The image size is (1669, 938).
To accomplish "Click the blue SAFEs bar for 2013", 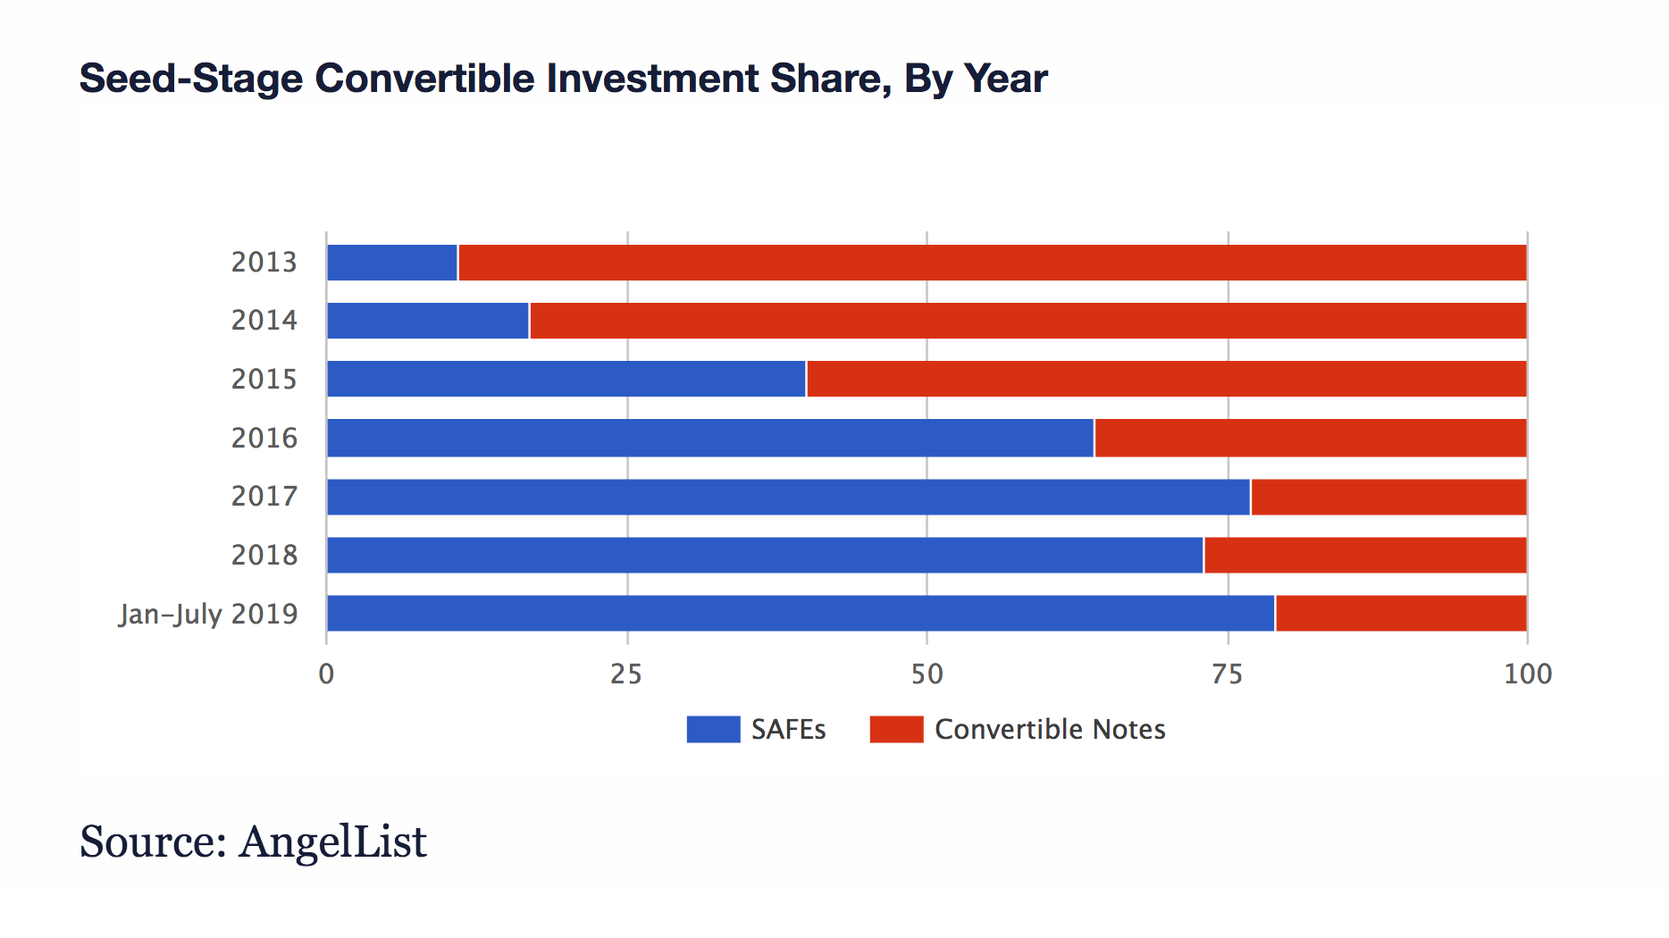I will (x=392, y=263).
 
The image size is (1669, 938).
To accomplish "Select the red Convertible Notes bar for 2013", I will (x=992, y=263).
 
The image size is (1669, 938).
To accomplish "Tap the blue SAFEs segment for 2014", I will (x=428, y=321).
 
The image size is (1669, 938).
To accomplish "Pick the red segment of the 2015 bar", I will (x=1166, y=379).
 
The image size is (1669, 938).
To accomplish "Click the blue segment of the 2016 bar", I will (x=710, y=438).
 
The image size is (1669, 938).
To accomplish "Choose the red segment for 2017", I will (x=1388, y=497).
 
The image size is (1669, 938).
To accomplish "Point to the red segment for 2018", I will (x=1365, y=555).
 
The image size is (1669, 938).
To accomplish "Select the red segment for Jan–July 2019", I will (x=1401, y=614).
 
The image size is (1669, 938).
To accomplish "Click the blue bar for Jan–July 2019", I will (x=801, y=614).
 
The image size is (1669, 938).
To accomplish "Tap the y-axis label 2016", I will (x=264, y=438).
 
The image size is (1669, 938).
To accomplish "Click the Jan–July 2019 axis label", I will (x=208, y=614).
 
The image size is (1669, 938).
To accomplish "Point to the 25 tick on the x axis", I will (x=626, y=674).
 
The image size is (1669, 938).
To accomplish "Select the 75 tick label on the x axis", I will (x=1227, y=674).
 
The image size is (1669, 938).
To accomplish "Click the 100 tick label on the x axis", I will (x=1527, y=674).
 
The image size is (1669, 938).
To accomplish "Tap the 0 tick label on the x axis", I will (x=326, y=674).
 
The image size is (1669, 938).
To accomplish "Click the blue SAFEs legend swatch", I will (x=713, y=729).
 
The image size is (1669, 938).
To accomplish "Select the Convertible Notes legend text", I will (x=1050, y=729).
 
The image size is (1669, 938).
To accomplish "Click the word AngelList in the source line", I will (x=332, y=842).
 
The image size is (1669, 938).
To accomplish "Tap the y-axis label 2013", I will (x=264, y=262).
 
